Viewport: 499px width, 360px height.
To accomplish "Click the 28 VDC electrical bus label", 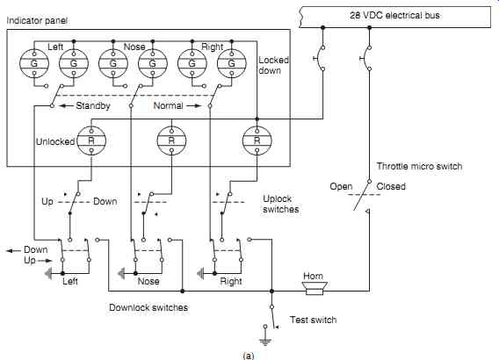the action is coord(394,15).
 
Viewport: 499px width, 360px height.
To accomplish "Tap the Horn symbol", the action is coord(315,288).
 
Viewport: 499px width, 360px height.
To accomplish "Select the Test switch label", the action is coord(313,320).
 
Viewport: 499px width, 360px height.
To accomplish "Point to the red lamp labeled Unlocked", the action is coord(91,140).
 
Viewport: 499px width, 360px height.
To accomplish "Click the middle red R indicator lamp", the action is coord(171,140).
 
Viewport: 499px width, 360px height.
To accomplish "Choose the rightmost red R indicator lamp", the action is coord(257,140).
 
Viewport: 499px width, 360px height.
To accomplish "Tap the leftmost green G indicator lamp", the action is coord(34,63).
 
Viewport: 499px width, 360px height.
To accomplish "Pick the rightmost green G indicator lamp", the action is coord(231,63).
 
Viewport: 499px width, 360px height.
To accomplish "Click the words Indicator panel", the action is coord(37,21).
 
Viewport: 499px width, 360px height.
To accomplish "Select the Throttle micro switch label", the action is coord(419,166).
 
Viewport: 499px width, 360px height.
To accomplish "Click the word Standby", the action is coord(93,106).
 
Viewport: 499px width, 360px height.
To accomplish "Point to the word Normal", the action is coord(168,105).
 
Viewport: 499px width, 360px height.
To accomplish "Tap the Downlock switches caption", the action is coord(148,307).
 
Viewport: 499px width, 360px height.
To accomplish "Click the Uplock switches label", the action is coord(281,204).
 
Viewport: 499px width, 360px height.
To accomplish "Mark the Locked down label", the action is coord(273,65).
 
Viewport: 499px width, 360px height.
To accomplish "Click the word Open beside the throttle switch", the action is coord(341,187).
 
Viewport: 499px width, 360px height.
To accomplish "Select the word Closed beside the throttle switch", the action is coord(391,186).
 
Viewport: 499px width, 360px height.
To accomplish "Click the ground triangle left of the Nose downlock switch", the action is coord(121,273).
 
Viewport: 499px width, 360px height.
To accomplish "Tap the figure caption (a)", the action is coord(249,356).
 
